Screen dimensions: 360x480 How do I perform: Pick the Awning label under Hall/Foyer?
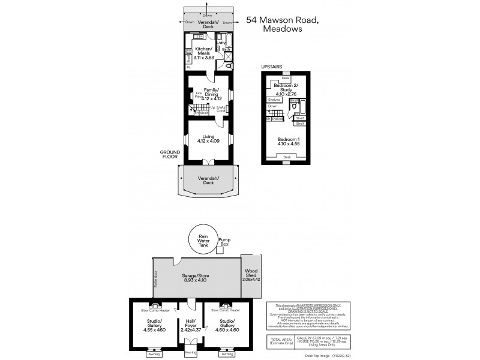click(190, 352)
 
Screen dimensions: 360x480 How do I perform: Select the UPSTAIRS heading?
click(271, 67)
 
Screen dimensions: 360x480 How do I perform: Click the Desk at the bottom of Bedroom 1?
click(286, 157)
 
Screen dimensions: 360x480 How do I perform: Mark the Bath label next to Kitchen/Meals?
click(226, 49)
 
